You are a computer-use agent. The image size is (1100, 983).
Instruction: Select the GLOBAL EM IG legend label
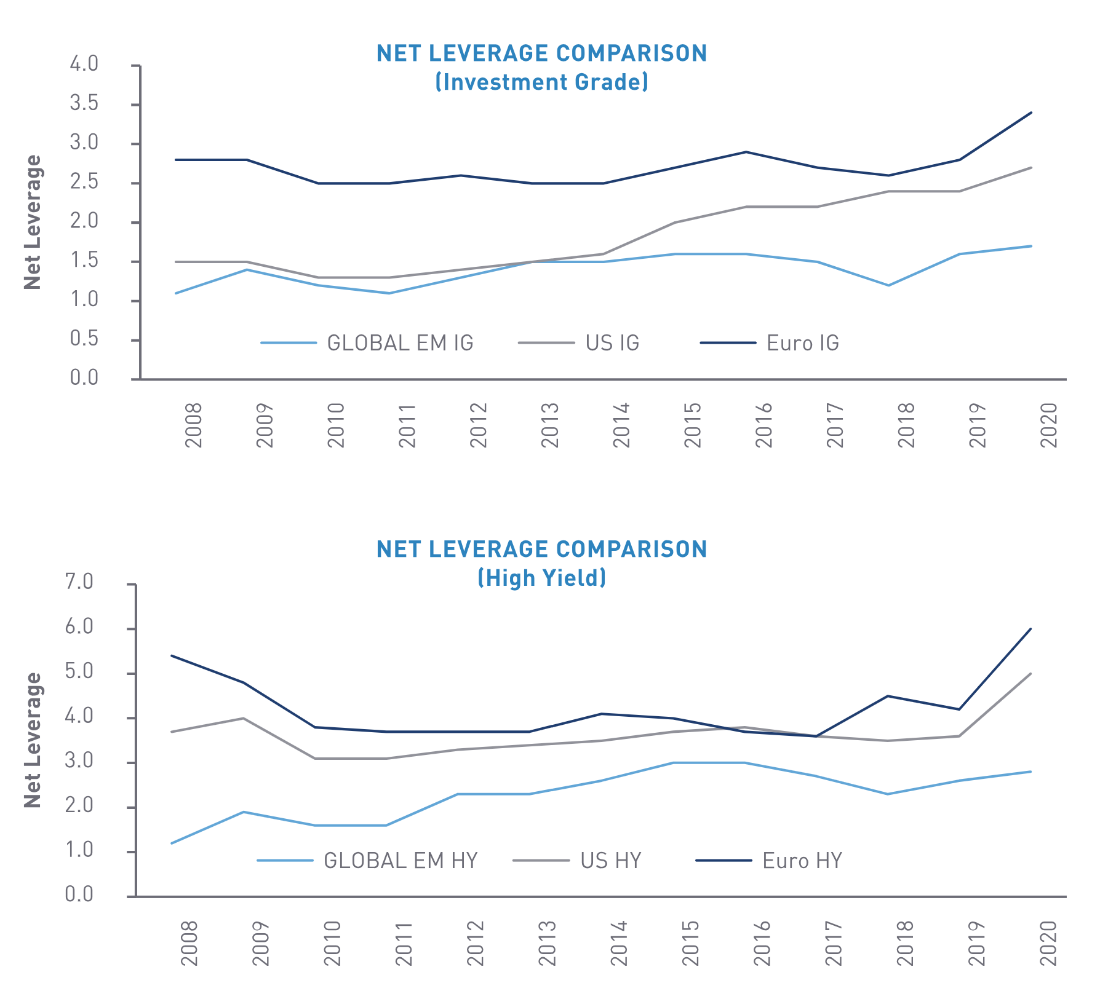tap(400, 343)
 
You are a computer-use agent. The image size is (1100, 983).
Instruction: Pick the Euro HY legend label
tap(802, 861)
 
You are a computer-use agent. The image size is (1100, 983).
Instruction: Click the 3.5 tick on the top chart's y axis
tap(84, 103)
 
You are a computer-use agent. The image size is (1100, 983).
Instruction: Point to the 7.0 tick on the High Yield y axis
tap(79, 582)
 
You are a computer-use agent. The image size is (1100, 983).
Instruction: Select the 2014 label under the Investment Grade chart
tap(621, 425)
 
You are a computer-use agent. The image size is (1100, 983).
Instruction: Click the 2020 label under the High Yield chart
tap(1048, 942)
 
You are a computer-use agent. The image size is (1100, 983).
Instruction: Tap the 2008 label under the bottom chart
tap(189, 942)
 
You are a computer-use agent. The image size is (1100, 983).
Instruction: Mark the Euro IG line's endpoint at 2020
tap(1031, 113)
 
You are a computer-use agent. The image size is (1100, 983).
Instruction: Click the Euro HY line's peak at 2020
tap(1031, 629)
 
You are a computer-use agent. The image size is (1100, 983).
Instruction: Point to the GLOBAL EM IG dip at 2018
tap(888, 285)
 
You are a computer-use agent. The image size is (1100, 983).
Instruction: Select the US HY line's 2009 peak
tap(244, 718)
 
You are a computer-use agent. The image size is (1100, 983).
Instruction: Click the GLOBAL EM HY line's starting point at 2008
tap(172, 843)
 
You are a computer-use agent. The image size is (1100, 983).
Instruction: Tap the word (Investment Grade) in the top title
tap(542, 82)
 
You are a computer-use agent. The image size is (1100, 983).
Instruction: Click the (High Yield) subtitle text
tap(542, 578)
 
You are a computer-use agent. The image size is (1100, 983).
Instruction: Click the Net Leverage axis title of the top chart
tap(33, 222)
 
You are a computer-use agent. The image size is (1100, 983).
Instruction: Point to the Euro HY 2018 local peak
tap(887, 696)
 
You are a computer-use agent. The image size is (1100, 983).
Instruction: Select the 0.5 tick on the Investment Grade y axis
tap(84, 339)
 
